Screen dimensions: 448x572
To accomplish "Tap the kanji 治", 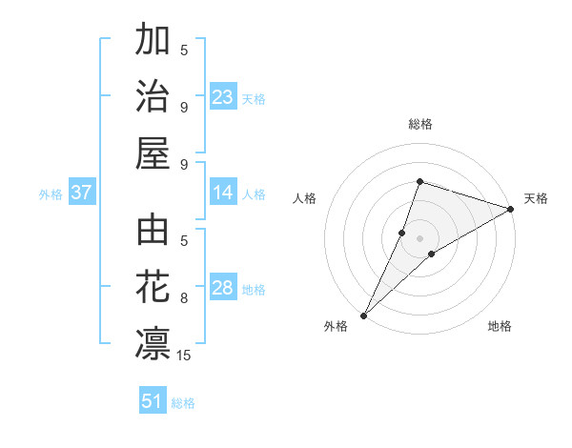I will point(153,96).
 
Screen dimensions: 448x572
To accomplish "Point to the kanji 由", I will point(153,231).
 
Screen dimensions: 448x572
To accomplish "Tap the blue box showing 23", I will point(223,97).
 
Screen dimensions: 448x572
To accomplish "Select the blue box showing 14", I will point(223,193).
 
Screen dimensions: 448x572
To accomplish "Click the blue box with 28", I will point(223,289).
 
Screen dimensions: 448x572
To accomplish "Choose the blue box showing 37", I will point(81,193).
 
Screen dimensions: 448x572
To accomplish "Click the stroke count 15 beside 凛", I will point(184,356).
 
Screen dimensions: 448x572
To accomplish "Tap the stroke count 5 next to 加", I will point(184,50).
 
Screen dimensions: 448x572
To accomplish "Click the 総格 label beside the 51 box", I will point(183,403).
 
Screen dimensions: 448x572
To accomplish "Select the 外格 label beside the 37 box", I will point(51,194).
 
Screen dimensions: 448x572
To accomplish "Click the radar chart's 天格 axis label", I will point(536,198).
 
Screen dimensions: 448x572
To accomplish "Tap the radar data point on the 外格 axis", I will point(364,315).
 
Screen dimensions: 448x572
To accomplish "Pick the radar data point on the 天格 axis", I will point(511,209).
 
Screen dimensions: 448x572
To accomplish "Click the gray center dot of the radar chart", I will point(419,237).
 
